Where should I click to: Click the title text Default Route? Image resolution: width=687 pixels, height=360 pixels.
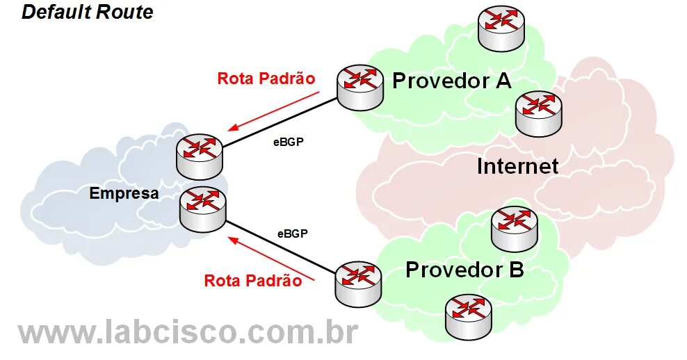pos(88,13)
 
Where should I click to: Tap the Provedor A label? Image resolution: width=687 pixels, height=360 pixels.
pos(452,81)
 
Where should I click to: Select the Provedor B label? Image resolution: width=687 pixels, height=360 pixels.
pos(464,269)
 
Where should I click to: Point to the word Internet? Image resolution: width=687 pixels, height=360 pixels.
pos(517,166)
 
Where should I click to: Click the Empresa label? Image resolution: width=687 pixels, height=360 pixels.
pos(124,194)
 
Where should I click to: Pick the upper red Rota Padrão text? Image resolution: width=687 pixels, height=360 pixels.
pos(266,78)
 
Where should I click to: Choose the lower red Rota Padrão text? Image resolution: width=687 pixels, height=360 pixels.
pos(253,281)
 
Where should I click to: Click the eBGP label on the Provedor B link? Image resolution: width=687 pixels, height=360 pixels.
pos(292,234)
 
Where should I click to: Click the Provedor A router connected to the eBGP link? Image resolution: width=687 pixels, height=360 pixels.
pos(360,88)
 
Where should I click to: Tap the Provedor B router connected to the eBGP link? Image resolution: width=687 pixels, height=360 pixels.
pos(358,284)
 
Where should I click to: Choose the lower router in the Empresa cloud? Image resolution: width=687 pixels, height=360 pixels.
pos(202,209)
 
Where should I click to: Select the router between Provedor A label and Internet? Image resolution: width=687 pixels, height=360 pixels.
pos(538,113)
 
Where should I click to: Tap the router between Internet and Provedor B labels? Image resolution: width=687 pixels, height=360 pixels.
pos(515,229)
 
